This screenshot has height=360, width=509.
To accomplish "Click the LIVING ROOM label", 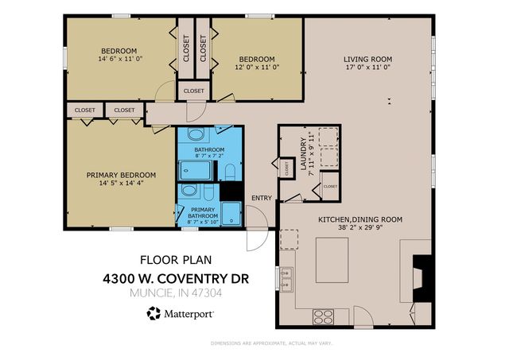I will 367,59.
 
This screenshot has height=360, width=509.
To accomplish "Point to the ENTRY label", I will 261,198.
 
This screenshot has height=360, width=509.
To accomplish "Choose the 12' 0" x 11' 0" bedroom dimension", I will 257,69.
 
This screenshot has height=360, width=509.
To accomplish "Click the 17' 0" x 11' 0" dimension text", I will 367,69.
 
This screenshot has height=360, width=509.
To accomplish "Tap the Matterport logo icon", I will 153,313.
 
